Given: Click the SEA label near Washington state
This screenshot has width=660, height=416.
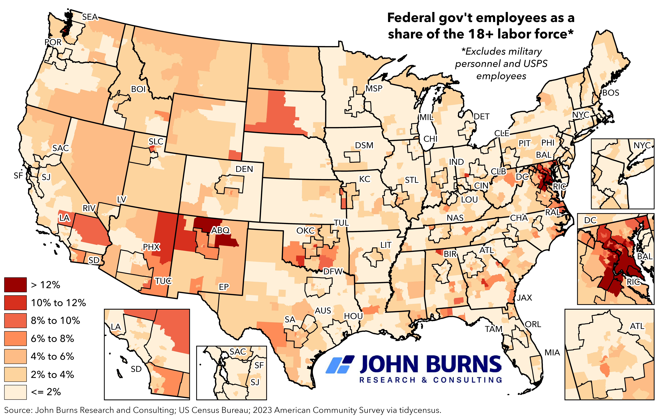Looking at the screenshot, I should [90, 17].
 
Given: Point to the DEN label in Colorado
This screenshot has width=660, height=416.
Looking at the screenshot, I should [244, 169].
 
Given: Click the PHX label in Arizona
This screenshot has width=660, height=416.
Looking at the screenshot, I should [151, 247].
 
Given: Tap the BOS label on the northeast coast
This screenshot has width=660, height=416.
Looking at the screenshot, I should [611, 93].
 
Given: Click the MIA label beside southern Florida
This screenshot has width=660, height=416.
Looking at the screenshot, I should [552, 353].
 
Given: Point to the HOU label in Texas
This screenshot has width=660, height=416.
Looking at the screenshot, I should [353, 316].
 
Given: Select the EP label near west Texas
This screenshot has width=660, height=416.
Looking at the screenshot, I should [224, 287].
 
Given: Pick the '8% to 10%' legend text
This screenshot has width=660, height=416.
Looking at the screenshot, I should [55, 321].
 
